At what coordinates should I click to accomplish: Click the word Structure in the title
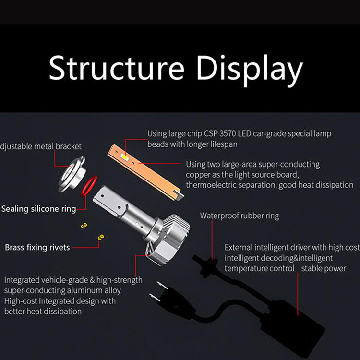coord(117,68)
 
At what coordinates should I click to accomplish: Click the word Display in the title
coord(250,70)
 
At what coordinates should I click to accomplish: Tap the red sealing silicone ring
coord(89,186)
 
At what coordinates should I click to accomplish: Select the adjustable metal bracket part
coord(72,175)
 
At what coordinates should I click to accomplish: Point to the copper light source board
coord(145,172)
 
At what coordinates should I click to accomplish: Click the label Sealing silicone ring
coord(38,209)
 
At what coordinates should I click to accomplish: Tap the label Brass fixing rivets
coord(37,248)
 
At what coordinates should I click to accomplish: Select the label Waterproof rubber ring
coord(240,216)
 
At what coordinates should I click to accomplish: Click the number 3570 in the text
coord(228,133)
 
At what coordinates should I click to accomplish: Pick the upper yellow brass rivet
coord(84,226)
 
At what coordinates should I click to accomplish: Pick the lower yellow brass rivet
coord(101,238)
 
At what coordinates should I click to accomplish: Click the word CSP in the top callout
coord(211,133)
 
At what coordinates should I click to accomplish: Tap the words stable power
coord(324,269)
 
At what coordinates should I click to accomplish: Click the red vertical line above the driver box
coord(298,294)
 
